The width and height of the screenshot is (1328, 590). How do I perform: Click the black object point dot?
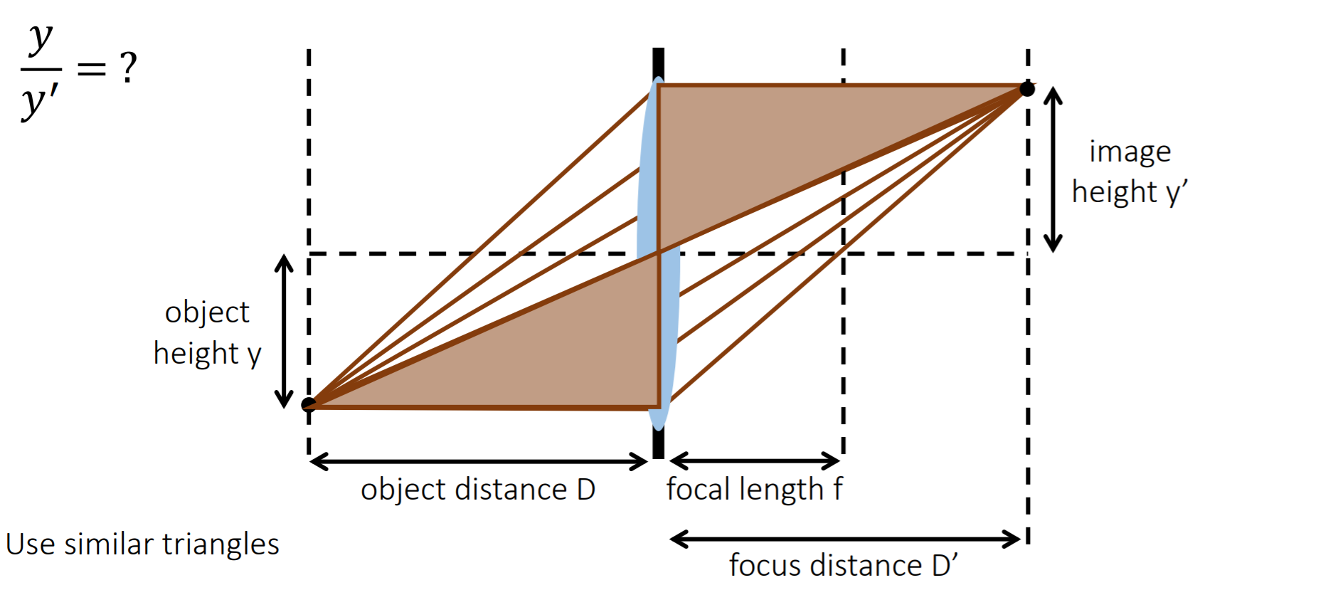pos(309,404)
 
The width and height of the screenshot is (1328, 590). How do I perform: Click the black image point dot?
pos(1027,89)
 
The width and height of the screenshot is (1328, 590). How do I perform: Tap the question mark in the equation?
pos(128,68)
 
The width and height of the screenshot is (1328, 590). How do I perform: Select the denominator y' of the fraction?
pos(40,100)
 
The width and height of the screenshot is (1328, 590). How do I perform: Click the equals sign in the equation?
pos(92,69)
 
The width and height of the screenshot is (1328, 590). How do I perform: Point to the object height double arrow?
pos(284,331)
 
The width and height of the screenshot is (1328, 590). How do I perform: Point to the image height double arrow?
pos(1053,169)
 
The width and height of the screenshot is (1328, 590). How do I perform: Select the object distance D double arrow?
pos(479,462)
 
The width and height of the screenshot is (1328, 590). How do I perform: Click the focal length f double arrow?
pos(755,460)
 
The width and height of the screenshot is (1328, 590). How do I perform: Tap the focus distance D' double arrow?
pos(846,539)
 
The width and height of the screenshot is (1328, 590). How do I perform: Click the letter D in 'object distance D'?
pos(586,490)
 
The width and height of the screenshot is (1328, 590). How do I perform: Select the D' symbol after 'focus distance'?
pos(945,565)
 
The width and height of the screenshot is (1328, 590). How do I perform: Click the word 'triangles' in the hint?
pos(221,545)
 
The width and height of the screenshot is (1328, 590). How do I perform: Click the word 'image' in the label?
pos(1130,153)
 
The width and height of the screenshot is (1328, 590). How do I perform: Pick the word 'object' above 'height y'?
pos(207,313)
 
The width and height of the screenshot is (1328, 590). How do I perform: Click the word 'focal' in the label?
pos(698,489)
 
